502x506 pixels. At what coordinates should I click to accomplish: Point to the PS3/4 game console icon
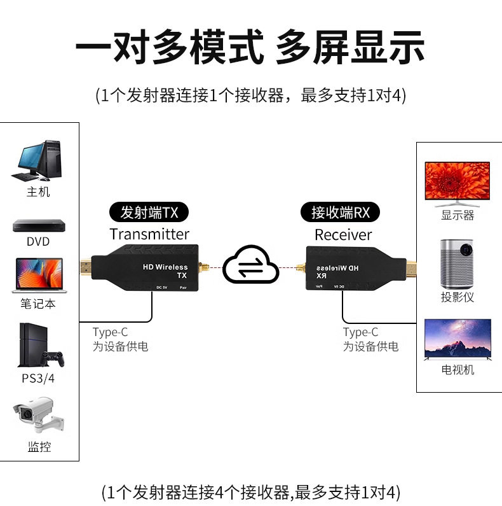(x=39, y=346)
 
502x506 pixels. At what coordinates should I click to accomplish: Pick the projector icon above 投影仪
(x=458, y=262)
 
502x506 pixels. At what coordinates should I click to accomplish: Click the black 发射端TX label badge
(x=149, y=211)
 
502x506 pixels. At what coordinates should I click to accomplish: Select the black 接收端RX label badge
(x=341, y=211)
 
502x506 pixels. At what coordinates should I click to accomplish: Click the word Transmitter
(x=149, y=234)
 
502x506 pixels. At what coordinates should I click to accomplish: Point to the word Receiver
(x=343, y=234)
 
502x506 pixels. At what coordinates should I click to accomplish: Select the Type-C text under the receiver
(x=360, y=332)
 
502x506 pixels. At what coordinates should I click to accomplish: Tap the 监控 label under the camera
(x=39, y=447)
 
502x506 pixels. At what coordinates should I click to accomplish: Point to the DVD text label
(x=38, y=242)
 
